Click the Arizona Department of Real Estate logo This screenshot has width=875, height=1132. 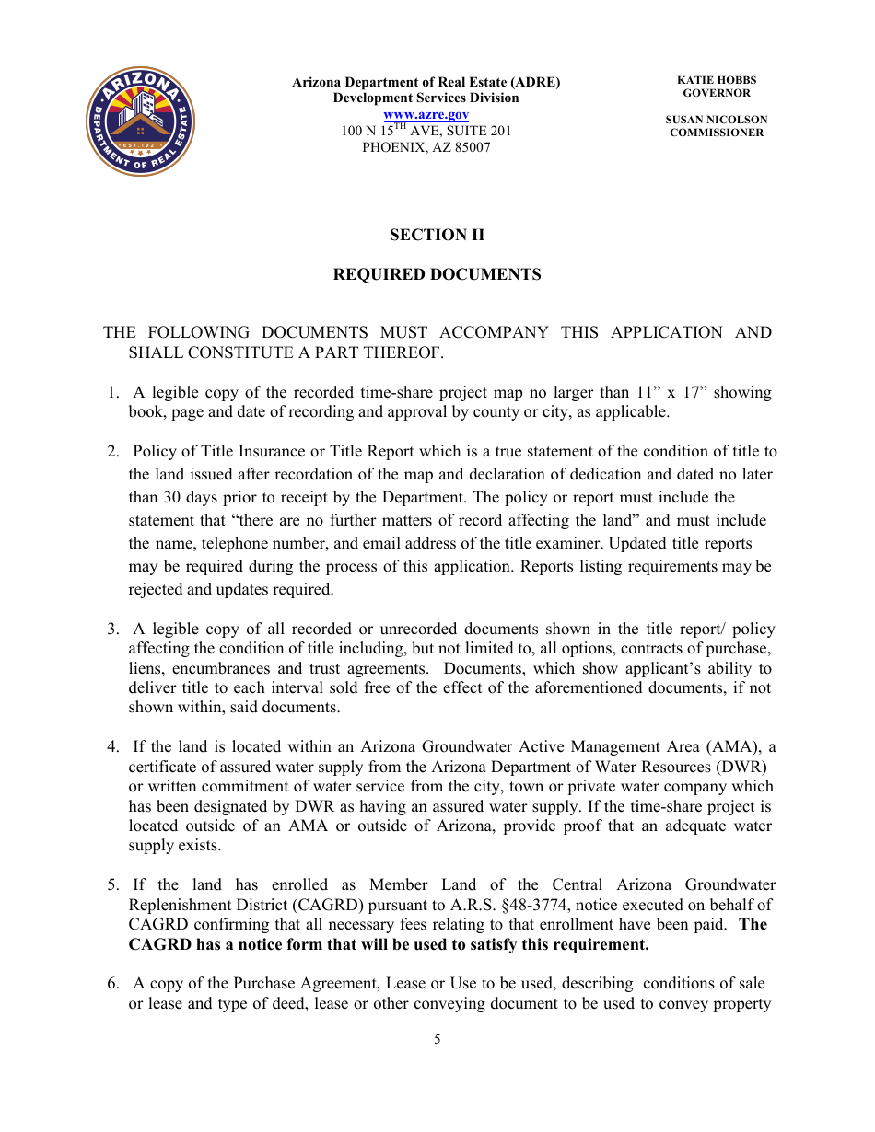pos(140,121)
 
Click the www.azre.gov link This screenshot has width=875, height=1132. pos(426,114)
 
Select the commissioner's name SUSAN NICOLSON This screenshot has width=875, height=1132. pos(716,120)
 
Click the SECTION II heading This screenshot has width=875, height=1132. pos(437,235)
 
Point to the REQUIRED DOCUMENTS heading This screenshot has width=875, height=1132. pos(437,274)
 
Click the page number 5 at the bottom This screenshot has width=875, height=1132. pos(437,1040)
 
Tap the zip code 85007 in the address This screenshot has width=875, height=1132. pos(471,147)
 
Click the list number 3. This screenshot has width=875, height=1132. pos(112,630)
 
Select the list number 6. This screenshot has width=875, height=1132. pos(112,984)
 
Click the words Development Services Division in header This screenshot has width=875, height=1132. pos(426,98)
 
